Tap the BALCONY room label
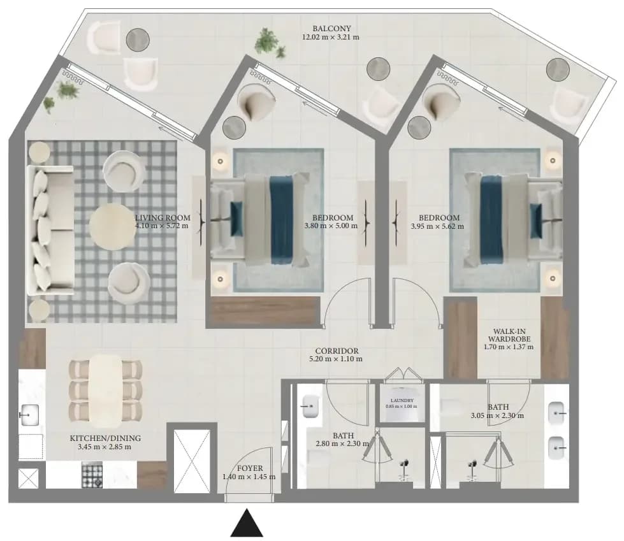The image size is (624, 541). [331, 29]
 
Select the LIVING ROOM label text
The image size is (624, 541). [163, 218]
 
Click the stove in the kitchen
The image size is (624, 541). [92, 474]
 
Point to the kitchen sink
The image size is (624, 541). [29, 415]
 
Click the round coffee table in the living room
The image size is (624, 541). [112, 227]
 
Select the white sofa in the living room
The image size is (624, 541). [50, 230]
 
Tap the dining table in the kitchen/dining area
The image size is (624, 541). [105, 391]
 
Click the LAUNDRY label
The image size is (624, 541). [402, 401]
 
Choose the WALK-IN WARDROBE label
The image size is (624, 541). [509, 335]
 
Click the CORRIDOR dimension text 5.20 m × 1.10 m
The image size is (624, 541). [336, 359]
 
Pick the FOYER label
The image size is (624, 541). [250, 468]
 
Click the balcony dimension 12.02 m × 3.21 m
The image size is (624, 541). [331, 38]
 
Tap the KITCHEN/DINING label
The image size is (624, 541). [105, 438]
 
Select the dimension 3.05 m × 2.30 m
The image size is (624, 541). [497, 415]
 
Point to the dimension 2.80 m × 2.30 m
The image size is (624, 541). [342, 443]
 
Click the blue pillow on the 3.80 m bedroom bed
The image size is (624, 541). [236, 214]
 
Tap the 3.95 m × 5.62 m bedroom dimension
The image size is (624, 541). [437, 226]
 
